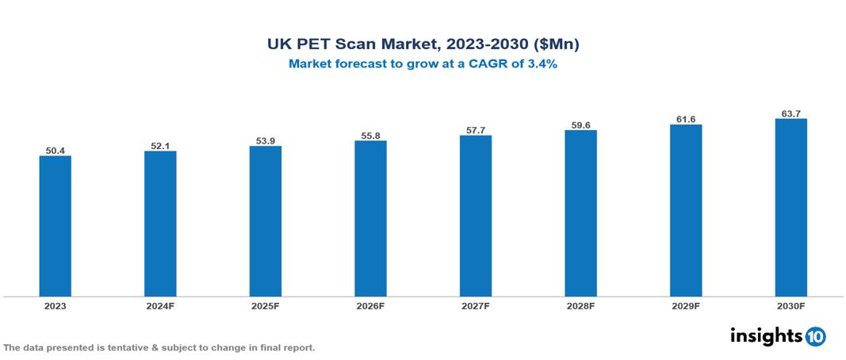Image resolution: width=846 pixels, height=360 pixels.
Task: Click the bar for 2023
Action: tap(56, 226)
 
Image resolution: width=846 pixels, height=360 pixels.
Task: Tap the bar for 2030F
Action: tap(790, 208)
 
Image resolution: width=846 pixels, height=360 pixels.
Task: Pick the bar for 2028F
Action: tap(580, 213)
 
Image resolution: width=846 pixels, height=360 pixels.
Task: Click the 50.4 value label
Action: tap(56, 149)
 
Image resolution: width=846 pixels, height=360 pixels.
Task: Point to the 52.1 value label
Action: tap(160, 144)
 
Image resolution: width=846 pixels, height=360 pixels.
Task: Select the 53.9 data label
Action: tap(266, 140)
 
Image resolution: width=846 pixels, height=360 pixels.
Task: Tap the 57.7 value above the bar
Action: tap(476, 129)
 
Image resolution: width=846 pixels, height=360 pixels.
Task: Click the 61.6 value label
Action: tap(686, 118)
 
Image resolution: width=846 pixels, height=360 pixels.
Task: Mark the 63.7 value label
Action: tap(790, 113)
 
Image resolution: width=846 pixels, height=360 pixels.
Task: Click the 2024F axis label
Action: tap(160, 305)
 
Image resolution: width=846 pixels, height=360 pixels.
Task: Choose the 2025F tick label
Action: tap(266, 305)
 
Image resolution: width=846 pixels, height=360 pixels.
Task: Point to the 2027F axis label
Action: tap(476, 305)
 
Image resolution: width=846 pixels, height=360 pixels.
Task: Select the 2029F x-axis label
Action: tap(686, 305)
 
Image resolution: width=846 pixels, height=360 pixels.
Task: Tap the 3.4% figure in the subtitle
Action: tap(541, 65)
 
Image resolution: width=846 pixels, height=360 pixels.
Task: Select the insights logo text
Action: tap(766, 335)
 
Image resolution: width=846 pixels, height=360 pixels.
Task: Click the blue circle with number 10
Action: tap(815, 336)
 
